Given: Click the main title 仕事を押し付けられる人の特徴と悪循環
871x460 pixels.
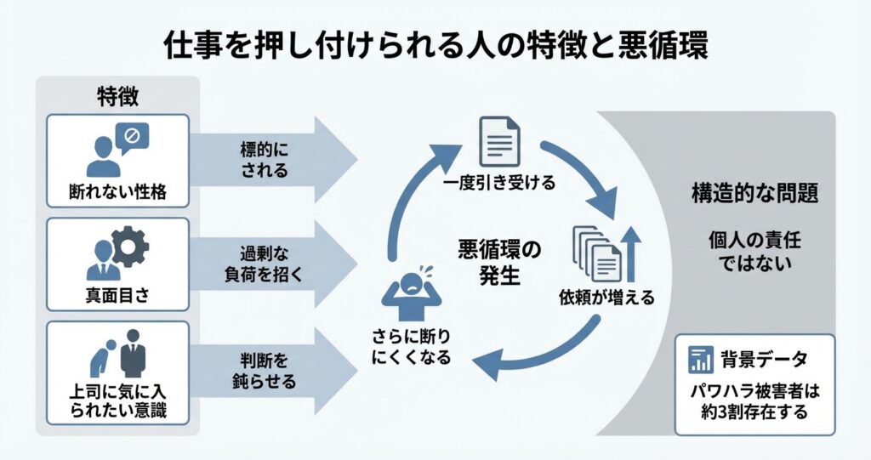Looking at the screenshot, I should coord(435,45).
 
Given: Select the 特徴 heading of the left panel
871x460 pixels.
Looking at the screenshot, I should coord(117,96).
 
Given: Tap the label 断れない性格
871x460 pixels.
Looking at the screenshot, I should coord(117,191).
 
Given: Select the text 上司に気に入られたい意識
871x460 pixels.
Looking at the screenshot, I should coord(117,403).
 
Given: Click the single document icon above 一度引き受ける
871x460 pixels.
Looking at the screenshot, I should coord(499,143).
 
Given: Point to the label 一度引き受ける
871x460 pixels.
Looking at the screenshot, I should coord(499,184).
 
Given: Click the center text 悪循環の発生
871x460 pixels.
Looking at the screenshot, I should coord(499,262).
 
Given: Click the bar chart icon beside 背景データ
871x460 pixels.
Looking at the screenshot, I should coord(700,360).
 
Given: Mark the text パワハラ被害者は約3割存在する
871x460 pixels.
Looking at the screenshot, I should coord(754,404).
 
